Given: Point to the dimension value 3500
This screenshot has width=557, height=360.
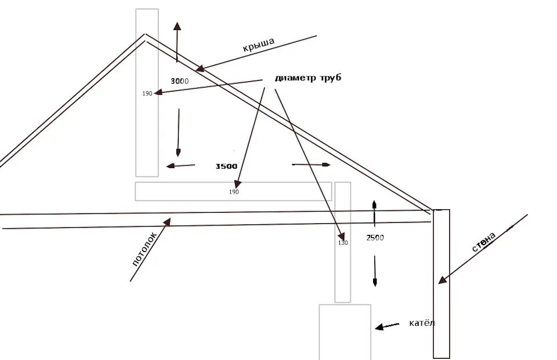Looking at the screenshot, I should [226, 166].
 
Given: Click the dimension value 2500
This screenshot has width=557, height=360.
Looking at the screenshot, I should [375, 238].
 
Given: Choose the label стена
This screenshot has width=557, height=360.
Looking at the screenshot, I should [484, 243].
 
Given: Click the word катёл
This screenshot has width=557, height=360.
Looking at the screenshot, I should [421, 323].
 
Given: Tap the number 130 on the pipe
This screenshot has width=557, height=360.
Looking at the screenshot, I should [343, 243].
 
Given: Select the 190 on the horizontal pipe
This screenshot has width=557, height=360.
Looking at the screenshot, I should [234, 192].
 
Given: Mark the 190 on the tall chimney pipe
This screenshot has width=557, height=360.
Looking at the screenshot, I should [147, 93].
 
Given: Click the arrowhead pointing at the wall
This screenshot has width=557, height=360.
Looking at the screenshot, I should [442, 280].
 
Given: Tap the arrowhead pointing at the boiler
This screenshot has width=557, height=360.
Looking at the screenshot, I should [379, 328].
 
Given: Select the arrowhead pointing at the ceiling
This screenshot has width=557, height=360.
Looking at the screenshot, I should [168, 221].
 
